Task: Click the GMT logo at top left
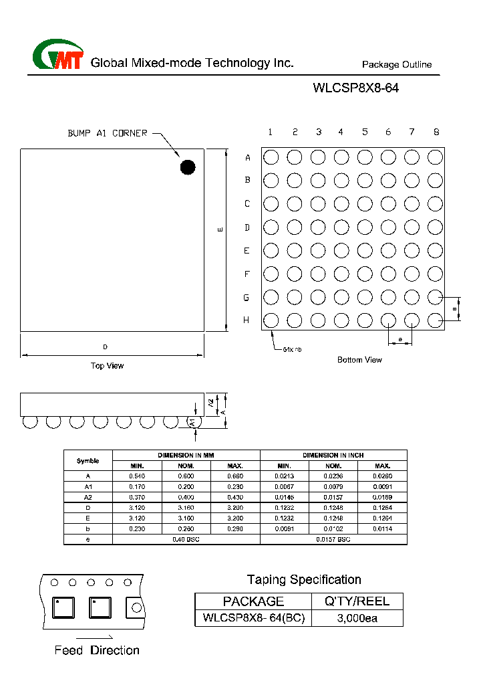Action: click(58, 56)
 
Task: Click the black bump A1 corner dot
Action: click(187, 167)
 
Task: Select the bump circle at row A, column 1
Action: click(271, 157)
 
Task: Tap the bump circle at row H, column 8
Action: click(435, 320)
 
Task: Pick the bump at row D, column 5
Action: click(365, 227)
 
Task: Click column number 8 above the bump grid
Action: click(436, 132)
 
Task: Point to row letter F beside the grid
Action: click(247, 274)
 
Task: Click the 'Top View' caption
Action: click(108, 366)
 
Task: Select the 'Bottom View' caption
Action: click(359, 360)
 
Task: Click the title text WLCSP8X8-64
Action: click(355, 88)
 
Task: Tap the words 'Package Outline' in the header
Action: click(397, 65)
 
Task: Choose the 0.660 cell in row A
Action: click(235, 476)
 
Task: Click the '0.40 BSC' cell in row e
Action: click(186, 539)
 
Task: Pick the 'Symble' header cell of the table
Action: click(88, 460)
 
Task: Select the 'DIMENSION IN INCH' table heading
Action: click(333, 455)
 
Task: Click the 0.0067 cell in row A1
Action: click(284, 486)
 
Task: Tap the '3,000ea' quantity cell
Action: click(357, 618)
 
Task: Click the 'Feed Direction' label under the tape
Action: click(97, 650)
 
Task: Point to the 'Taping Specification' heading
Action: click(304, 579)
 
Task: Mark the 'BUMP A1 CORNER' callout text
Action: click(107, 133)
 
